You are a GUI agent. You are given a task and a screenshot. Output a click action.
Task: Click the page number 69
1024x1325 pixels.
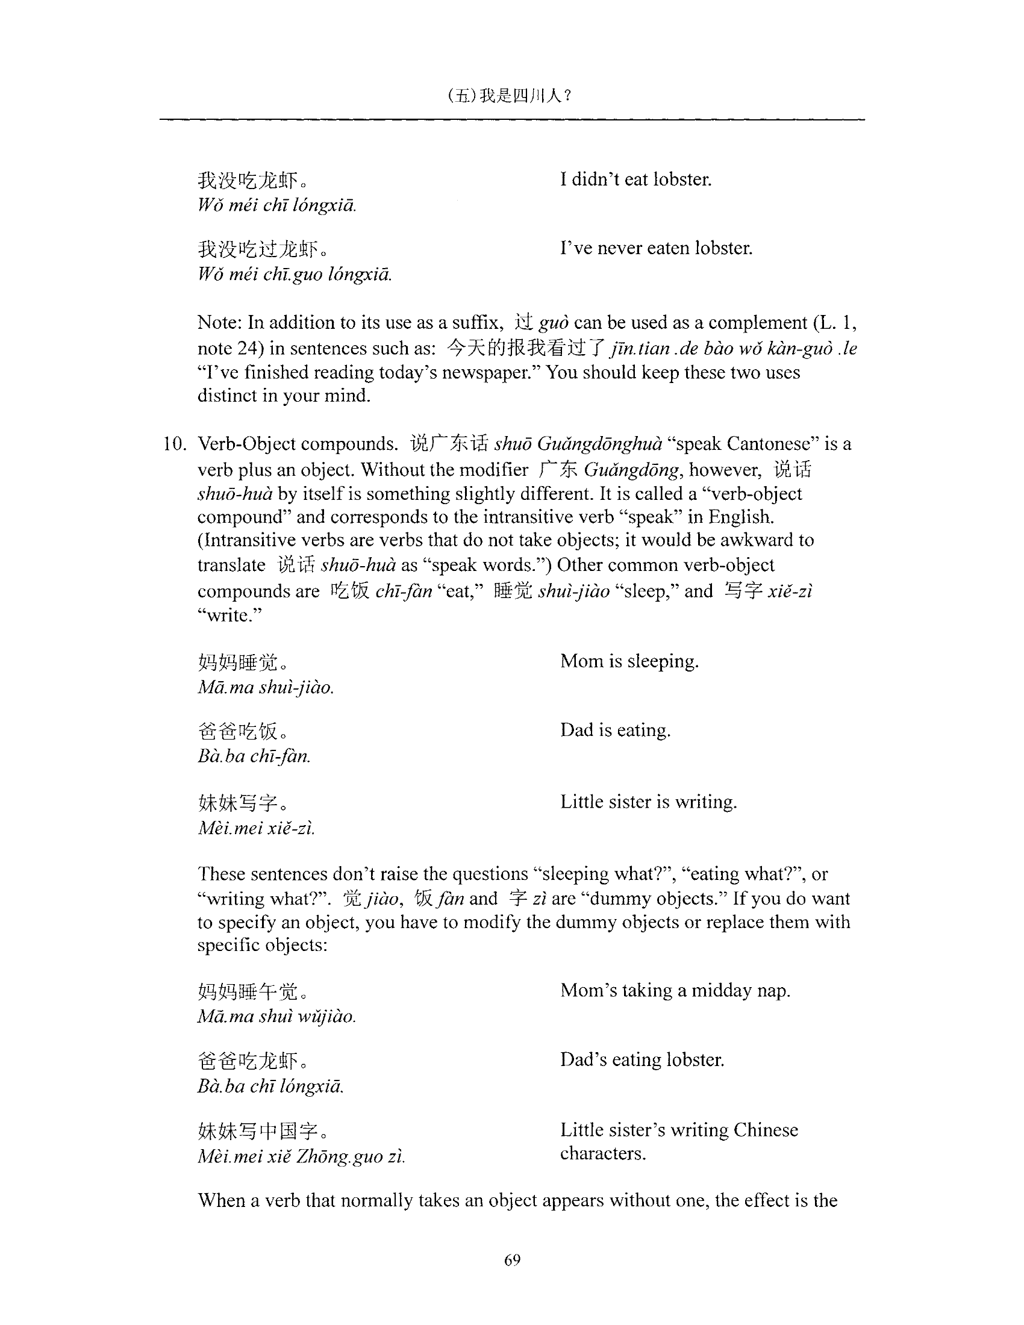pos(512,1260)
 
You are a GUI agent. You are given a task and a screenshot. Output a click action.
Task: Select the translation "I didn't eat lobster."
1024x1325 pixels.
pos(635,179)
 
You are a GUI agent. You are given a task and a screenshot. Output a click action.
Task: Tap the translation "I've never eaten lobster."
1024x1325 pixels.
pos(656,248)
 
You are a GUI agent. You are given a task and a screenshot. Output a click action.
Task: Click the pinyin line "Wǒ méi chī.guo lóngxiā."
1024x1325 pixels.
pos(295,275)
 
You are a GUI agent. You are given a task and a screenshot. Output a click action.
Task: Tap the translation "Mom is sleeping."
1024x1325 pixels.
pos(629,661)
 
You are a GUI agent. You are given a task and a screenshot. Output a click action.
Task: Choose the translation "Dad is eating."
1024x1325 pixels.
pos(615,730)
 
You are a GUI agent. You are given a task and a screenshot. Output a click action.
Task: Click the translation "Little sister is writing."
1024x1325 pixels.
pos(648,802)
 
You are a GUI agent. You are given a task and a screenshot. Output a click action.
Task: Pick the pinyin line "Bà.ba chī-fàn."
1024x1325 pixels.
pos(254,756)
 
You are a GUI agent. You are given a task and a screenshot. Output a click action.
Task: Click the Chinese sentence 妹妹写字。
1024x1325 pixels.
pos(243,803)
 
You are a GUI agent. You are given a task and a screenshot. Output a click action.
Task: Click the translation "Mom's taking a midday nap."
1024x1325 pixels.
pos(675,991)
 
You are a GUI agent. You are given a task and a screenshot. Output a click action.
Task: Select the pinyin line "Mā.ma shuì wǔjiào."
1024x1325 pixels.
pos(276,1016)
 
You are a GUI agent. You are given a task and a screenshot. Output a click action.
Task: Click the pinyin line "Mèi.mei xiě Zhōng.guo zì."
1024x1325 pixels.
pos(301,1157)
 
